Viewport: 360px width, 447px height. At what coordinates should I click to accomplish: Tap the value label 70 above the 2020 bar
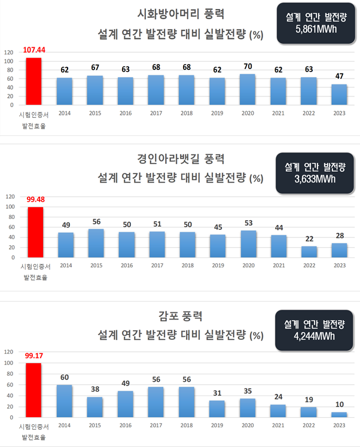pos(248,67)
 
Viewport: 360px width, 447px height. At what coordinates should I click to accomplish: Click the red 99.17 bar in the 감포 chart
pos(33,390)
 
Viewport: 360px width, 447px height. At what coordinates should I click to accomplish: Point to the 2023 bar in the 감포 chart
pos(340,415)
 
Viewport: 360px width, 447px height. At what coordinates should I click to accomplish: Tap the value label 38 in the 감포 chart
pos(96,390)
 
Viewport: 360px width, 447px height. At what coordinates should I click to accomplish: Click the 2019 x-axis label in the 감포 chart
pos(218,425)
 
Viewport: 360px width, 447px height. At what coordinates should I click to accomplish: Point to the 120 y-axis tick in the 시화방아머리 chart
pos(9,51)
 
